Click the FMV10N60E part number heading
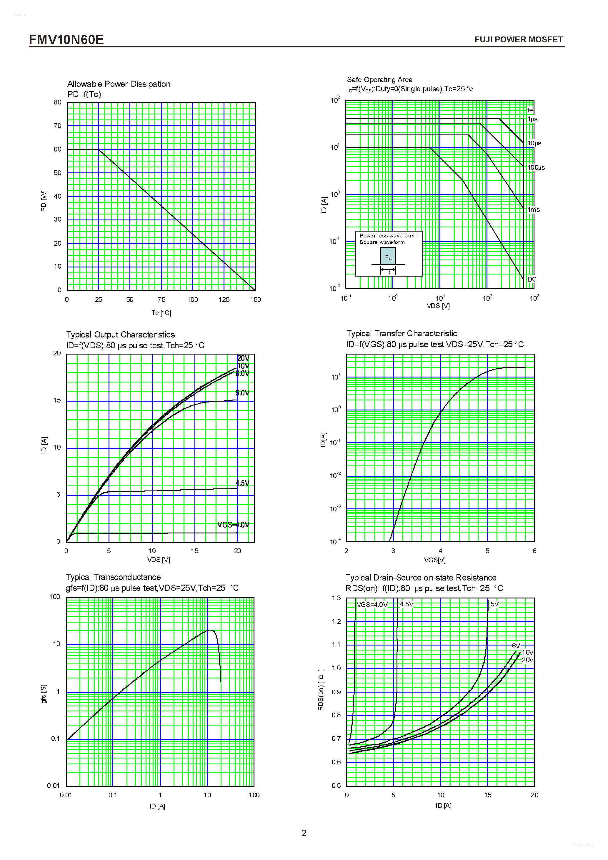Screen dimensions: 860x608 coord(66,39)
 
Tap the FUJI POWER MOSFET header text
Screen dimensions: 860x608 coord(518,40)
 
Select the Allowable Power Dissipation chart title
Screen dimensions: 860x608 coord(119,84)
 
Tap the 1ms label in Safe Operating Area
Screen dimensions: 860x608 coord(534,210)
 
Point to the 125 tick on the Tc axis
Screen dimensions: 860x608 coord(224,299)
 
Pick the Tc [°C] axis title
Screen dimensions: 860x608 coord(161,313)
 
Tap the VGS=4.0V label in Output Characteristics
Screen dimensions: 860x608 coord(233,525)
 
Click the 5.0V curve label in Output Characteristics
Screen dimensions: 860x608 coord(242,392)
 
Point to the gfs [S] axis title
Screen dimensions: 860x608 coord(44,694)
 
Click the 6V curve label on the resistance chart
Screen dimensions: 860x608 coord(516,646)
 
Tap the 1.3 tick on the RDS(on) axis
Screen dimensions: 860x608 coord(336,598)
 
